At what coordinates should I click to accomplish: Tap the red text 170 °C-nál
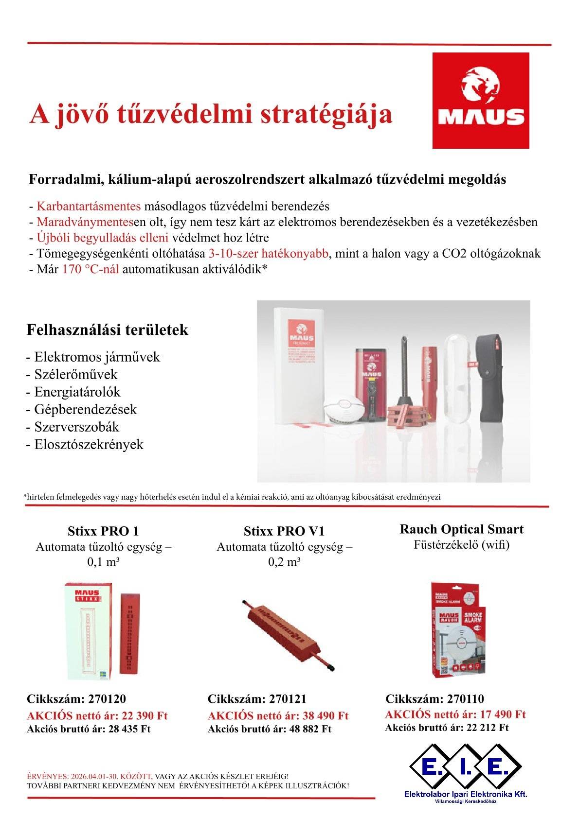91,269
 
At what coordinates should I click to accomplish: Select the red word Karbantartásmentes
89,206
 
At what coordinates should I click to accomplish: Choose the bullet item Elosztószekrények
89,444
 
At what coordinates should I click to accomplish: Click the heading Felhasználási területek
107,330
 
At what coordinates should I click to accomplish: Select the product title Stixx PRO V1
284,531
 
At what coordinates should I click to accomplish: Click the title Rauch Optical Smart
461,529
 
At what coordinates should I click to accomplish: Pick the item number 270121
288,699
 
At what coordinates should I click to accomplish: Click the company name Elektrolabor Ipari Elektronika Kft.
466,794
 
